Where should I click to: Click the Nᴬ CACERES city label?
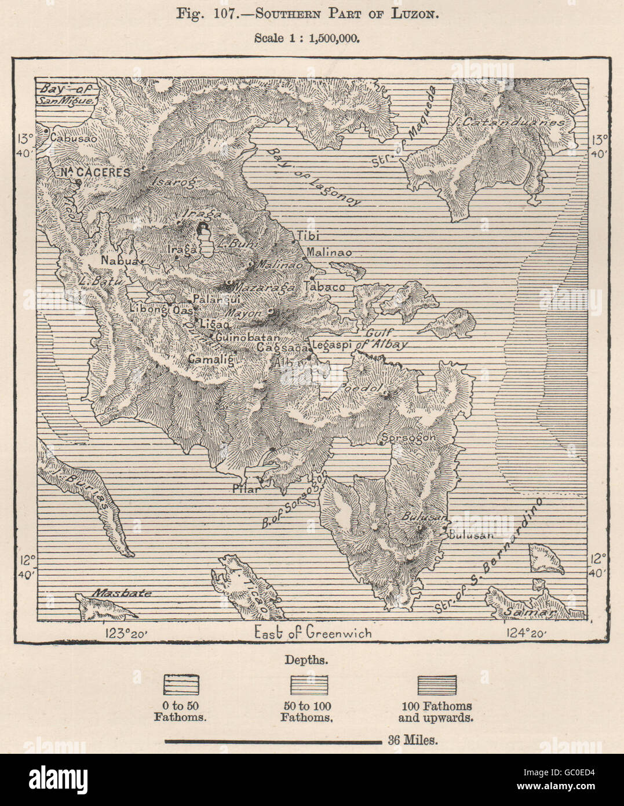point(87,172)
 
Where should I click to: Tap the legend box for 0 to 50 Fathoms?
point(180,685)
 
